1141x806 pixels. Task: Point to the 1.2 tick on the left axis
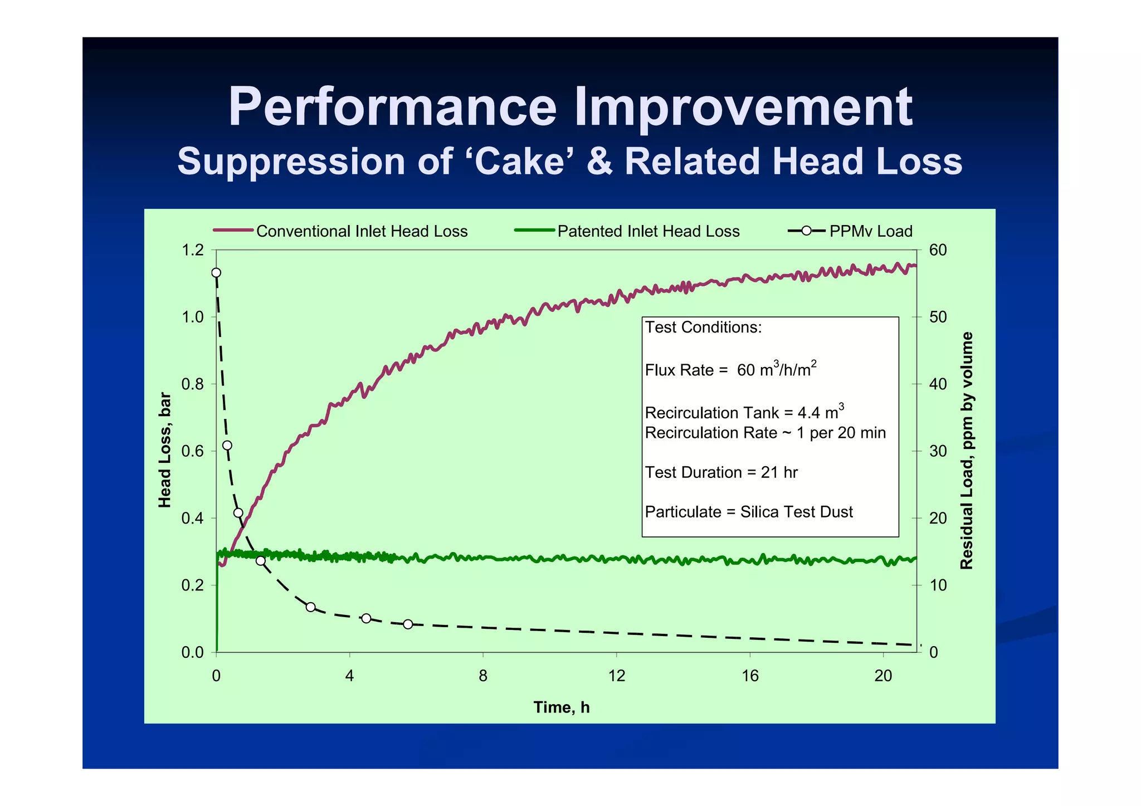pyautogui.click(x=193, y=250)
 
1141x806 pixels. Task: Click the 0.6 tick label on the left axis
pyautogui.click(x=193, y=451)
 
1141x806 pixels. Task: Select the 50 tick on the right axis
pyautogui.click(x=938, y=317)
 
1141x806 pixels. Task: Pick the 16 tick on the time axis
pyautogui.click(x=750, y=676)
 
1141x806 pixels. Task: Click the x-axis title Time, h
pyautogui.click(x=562, y=707)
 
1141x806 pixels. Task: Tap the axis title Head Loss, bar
pyautogui.click(x=165, y=450)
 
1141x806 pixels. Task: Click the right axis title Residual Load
pyautogui.click(x=967, y=450)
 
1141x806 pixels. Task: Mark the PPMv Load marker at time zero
pyautogui.click(x=216, y=273)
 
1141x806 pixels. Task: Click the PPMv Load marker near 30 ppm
pyautogui.click(x=227, y=446)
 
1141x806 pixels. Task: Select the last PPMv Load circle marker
pyautogui.click(x=408, y=624)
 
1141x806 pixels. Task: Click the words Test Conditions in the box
pyautogui.click(x=703, y=327)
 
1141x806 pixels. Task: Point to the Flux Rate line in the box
pyautogui.click(x=730, y=370)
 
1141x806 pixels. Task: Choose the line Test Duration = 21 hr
pyautogui.click(x=721, y=472)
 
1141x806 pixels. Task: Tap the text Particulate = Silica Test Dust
pyautogui.click(x=749, y=512)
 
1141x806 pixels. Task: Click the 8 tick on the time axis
pyautogui.click(x=483, y=676)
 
